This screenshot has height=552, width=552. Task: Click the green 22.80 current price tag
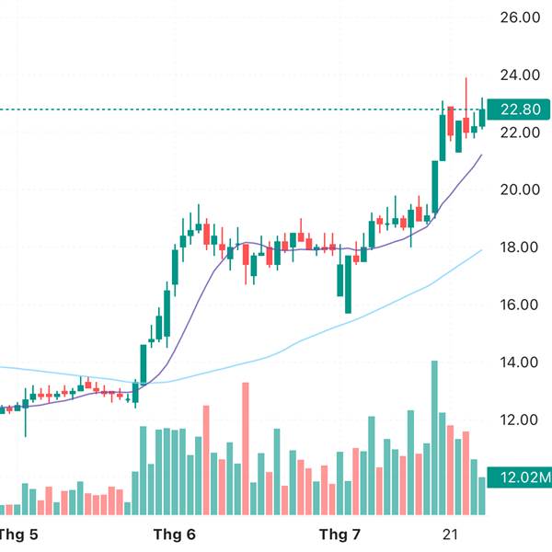point(519,110)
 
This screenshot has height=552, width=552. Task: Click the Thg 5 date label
point(16,534)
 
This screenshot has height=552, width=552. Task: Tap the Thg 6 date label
point(174,534)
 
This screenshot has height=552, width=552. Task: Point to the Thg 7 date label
point(339,534)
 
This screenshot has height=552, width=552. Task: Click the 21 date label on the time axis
point(451,534)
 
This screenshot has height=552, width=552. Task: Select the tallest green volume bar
point(434,437)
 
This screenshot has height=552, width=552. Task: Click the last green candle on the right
point(483,118)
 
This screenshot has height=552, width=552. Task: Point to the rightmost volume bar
point(483,495)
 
